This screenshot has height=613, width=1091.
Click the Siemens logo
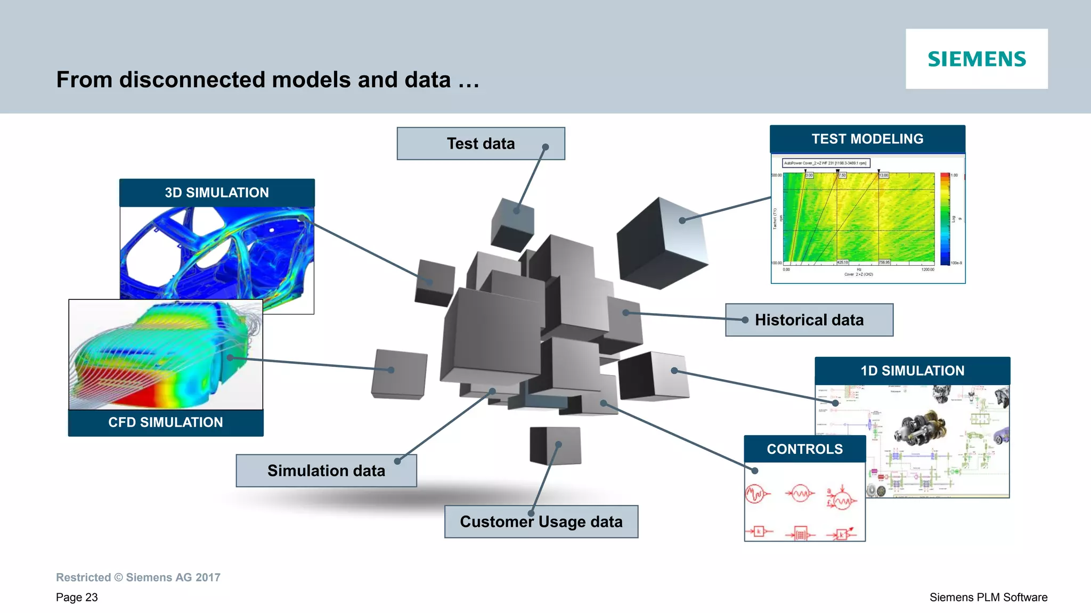tap(976, 59)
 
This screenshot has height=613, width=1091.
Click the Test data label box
tap(481, 144)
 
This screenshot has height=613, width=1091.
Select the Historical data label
tap(809, 320)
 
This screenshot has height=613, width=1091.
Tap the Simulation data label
tap(326, 471)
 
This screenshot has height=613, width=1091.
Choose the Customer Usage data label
tap(541, 522)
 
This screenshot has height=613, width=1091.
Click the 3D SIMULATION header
tap(217, 193)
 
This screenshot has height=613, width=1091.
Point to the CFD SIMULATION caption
tap(166, 422)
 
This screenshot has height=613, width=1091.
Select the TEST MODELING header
tap(867, 139)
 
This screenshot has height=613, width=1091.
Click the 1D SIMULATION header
tap(912, 371)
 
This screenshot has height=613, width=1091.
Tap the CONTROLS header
tap(804, 449)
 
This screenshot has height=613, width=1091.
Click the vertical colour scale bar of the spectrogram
tap(945, 219)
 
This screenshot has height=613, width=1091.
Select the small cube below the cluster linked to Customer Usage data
tap(555, 445)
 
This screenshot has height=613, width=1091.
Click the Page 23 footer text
tap(77, 598)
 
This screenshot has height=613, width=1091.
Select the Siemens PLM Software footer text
tap(988, 598)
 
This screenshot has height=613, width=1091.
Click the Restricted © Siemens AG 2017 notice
tap(138, 577)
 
